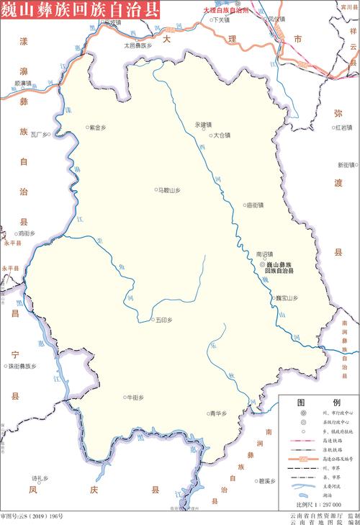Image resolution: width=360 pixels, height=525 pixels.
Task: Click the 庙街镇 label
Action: click(255, 205)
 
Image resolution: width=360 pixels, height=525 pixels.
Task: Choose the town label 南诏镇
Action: click(264, 254)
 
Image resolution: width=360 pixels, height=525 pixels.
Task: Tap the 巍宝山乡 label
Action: click(286, 297)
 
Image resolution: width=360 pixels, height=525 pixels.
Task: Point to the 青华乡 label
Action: click(217, 413)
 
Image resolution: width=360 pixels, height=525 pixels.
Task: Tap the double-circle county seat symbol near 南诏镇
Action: click(262, 265)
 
